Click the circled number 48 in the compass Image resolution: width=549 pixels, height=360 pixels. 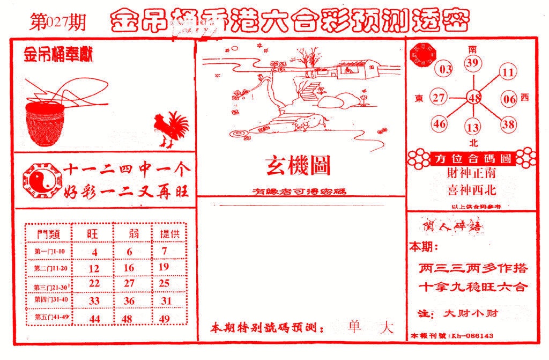tap(474, 98)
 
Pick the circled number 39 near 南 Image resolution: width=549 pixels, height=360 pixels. tap(472, 64)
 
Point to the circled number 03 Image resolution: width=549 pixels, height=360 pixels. tap(446, 70)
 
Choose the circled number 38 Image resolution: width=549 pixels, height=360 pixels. tap(508, 124)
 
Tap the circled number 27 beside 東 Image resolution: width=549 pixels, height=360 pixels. tap(440, 98)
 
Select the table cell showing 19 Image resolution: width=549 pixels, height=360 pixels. tap(164, 267)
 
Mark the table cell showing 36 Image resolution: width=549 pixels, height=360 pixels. tap(129, 301)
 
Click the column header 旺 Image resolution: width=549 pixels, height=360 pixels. tap(94, 234)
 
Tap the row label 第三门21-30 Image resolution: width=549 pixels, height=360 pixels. tap(49, 285)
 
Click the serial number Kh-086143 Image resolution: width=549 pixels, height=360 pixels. tap(472, 336)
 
